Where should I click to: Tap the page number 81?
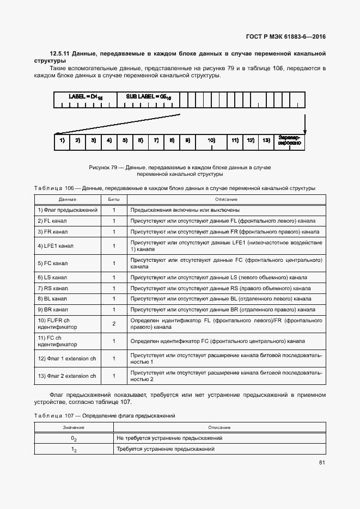322,463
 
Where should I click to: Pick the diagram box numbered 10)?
211,141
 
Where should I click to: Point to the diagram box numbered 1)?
62,141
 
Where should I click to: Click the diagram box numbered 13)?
266,141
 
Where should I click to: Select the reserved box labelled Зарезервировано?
289,141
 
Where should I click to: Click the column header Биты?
114,199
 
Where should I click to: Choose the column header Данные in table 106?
68,199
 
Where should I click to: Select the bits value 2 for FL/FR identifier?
114,324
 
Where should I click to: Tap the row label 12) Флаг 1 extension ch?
66,358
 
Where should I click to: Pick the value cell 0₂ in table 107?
74,438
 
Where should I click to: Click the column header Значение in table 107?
74,427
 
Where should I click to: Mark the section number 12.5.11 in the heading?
60,53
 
